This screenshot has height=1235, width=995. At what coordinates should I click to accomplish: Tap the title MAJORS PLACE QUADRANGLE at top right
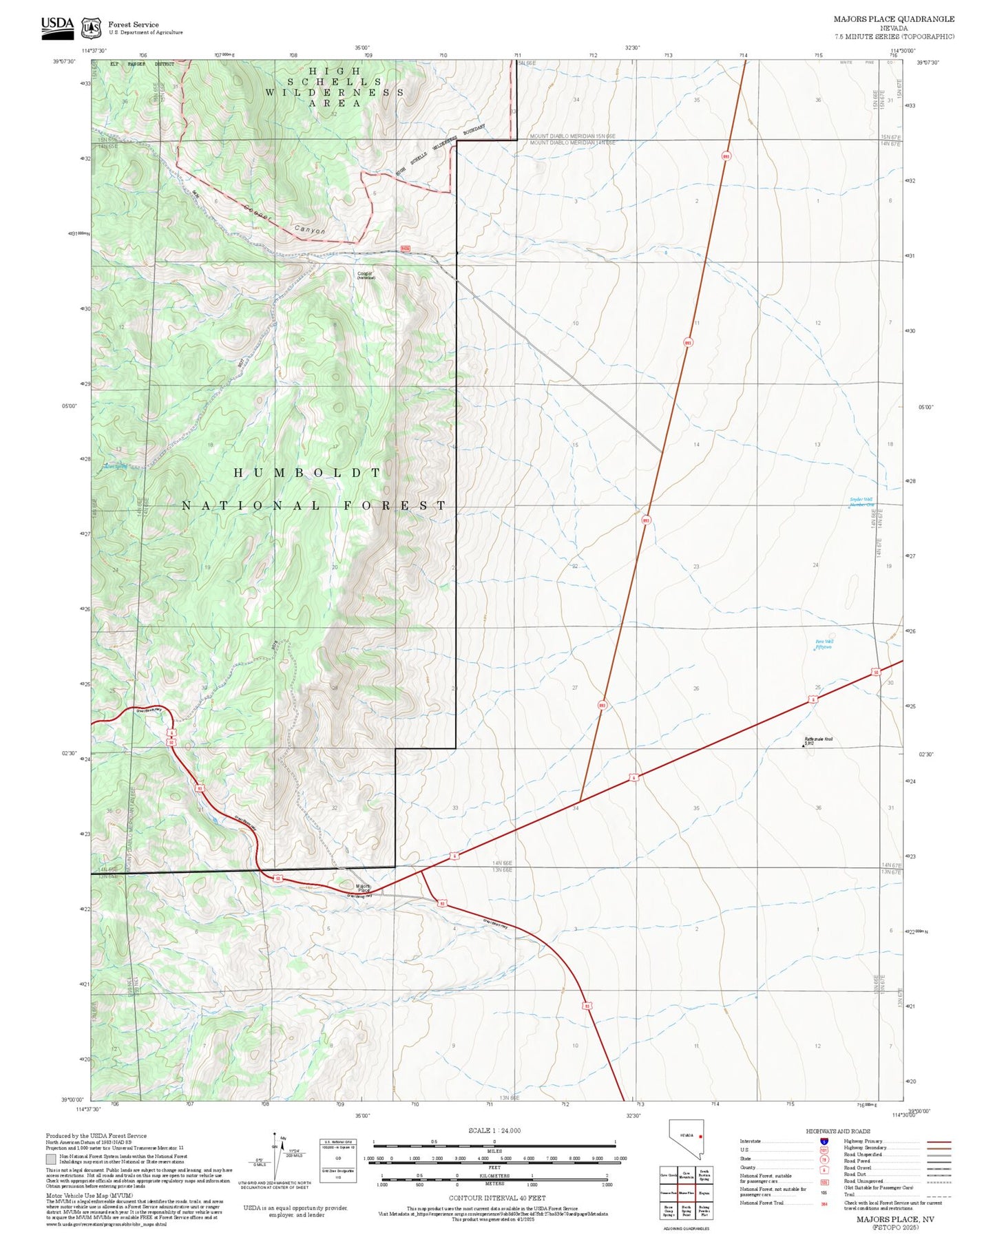[894, 19]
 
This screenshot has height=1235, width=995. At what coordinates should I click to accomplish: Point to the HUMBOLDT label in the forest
[307, 473]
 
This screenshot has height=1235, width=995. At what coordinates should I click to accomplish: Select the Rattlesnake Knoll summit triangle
[803, 743]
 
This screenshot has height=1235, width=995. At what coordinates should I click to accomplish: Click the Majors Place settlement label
[363, 888]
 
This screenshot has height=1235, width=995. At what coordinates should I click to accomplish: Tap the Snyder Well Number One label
[861, 502]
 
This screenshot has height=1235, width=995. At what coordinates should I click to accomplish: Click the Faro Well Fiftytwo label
[824, 644]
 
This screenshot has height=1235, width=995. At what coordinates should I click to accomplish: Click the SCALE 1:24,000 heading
[494, 1130]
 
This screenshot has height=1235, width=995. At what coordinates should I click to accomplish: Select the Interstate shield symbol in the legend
[824, 1141]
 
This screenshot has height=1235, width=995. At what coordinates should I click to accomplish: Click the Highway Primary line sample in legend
[939, 1141]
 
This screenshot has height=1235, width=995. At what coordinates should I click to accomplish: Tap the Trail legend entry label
[850, 1194]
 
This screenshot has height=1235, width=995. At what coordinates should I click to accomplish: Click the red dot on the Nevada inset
[700, 1137]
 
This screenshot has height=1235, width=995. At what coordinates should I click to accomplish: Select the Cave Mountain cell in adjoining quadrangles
[686, 1176]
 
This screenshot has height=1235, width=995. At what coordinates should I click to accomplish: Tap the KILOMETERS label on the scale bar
[494, 1176]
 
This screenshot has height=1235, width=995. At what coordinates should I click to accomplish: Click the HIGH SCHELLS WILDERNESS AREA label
[335, 87]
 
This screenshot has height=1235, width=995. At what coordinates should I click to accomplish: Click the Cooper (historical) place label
[366, 275]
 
